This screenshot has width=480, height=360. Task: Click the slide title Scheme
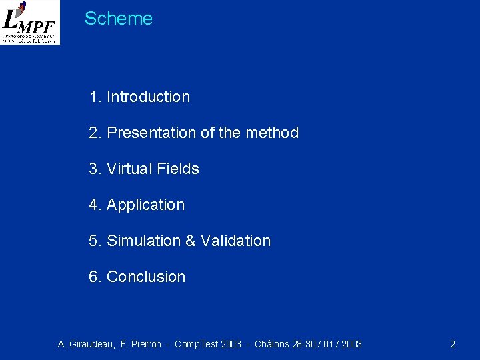coord(119,19)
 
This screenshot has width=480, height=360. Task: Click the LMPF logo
coord(30,22)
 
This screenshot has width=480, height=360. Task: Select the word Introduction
coord(148,97)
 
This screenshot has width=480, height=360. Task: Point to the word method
coord(272,133)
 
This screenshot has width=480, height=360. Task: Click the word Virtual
coord(132,169)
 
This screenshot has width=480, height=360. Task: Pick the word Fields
coord(179,169)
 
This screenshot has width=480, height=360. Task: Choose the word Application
coord(145,205)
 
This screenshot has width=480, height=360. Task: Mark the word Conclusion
coord(146,277)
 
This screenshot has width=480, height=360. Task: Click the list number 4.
coord(93,205)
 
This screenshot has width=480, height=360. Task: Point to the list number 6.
coord(93,277)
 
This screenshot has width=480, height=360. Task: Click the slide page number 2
coord(453,344)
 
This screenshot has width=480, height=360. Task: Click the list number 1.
coord(93,97)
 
